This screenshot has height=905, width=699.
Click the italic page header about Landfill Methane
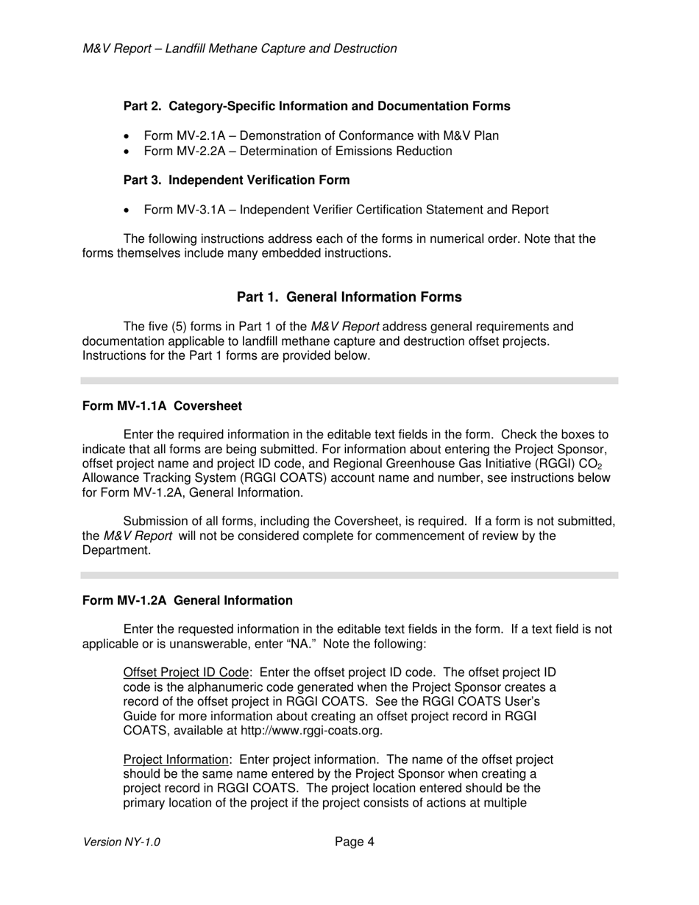tap(240, 49)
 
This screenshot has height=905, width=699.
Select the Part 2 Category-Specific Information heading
tap(316, 106)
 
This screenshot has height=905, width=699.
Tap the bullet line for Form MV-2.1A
tap(321, 135)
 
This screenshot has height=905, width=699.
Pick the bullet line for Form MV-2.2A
tap(297, 151)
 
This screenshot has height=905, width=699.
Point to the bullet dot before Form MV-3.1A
tap(128, 210)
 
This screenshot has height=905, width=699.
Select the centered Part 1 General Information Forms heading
tap(349, 297)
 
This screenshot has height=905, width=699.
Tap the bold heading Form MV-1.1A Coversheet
tap(162, 406)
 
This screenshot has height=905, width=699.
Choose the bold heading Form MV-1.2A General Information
tap(187, 600)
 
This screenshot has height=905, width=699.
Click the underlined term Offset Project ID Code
tap(186, 672)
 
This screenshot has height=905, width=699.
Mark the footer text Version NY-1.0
tap(121, 842)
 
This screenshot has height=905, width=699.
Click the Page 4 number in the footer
tap(355, 842)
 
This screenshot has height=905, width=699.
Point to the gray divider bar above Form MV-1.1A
tap(349, 380)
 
